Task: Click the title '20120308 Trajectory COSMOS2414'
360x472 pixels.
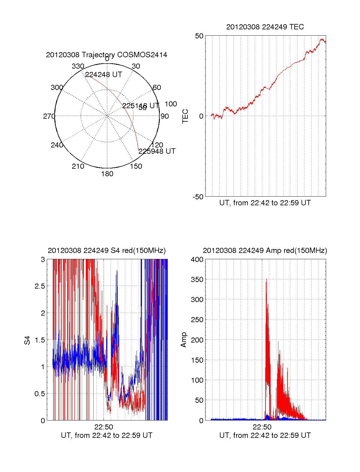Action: [106, 55]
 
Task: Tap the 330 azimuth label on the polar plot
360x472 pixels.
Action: [78, 66]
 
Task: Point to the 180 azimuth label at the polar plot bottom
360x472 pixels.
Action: [107, 174]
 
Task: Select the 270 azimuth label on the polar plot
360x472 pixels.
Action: [49, 116]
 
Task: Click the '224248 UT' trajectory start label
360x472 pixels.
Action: [103, 75]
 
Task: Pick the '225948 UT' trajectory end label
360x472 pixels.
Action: [157, 151]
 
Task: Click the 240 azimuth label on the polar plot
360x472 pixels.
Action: [57, 145]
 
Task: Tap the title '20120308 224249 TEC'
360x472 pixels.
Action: [265, 27]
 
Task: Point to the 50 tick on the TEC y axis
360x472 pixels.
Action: [199, 36]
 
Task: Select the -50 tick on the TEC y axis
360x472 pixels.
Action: [198, 197]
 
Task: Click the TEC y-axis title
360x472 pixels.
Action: [185, 116]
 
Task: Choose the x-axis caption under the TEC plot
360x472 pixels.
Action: [265, 203]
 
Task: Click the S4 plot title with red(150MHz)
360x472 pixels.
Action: [106, 251]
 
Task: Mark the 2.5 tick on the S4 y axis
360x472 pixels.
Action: [40, 286]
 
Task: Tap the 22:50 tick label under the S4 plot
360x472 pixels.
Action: [103, 427]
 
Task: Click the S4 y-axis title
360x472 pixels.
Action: [27, 340]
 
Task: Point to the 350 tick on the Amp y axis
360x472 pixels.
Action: [197, 280]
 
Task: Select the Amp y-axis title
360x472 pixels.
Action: [184, 340]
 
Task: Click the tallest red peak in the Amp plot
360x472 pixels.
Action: [266, 280]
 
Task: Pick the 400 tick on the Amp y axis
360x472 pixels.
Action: [197, 260]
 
